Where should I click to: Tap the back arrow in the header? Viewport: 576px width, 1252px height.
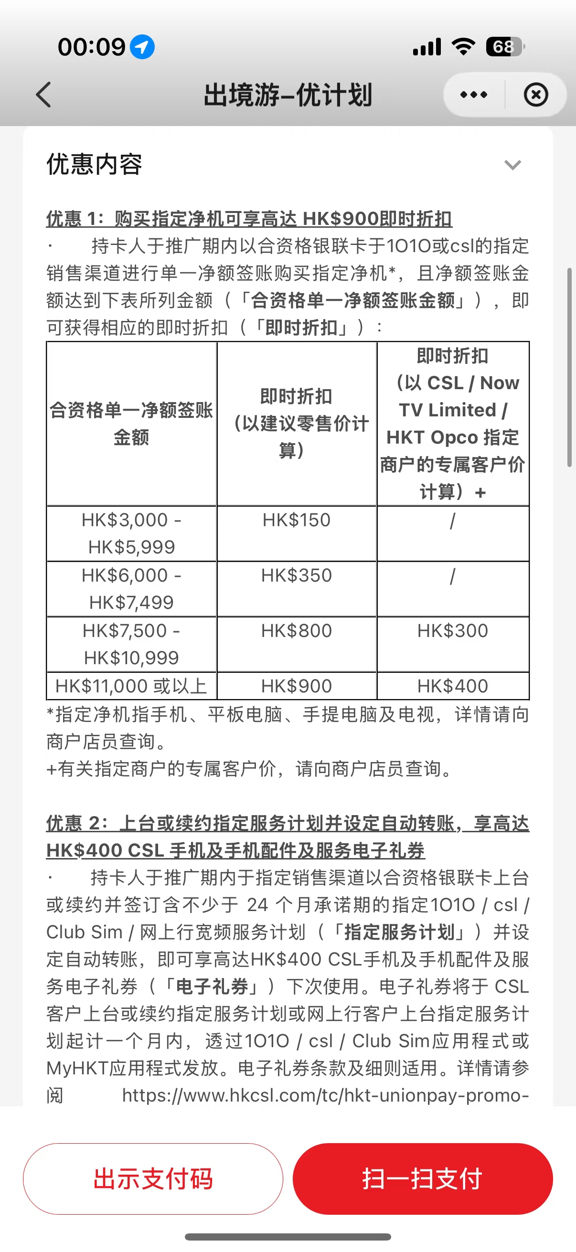[44, 94]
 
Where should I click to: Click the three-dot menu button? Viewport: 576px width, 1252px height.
[473, 95]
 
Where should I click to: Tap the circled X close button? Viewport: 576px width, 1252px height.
[536, 95]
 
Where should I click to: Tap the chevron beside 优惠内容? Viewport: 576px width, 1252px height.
[512, 165]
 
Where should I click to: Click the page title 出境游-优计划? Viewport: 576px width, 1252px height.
[288, 95]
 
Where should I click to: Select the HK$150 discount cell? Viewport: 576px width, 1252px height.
[296, 520]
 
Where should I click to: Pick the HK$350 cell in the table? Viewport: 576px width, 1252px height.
[296, 576]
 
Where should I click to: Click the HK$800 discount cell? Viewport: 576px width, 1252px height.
[296, 631]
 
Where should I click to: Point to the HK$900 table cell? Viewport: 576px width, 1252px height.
[296, 686]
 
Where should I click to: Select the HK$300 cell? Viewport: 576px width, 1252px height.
[452, 631]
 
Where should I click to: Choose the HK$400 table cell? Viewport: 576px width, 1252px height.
[452, 686]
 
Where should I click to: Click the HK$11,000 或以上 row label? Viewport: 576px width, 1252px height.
[131, 686]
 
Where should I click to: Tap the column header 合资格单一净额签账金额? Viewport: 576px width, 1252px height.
[131, 424]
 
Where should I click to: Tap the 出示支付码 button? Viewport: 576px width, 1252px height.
[153, 1178]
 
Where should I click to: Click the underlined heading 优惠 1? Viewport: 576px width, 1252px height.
[249, 219]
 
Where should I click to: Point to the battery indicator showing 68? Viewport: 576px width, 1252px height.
[504, 47]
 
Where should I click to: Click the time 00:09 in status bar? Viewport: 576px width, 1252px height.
[91, 47]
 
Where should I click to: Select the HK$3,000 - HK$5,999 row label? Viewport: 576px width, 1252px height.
[131, 534]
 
